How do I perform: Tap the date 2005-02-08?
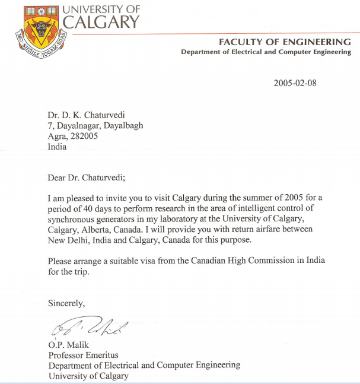[x=295, y=83]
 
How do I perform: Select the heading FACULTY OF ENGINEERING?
[x=285, y=42]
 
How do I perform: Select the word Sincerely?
[x=66, y=303]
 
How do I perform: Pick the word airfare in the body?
[x=272, y=229]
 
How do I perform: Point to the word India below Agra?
[x=58, y=147]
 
